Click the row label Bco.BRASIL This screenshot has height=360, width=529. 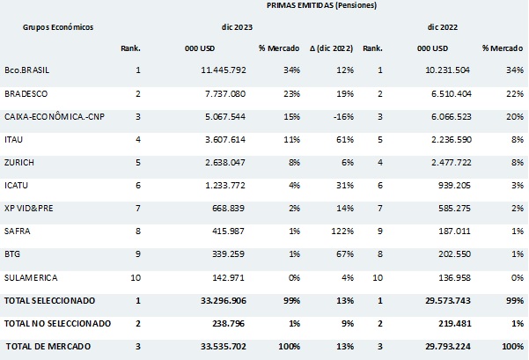[x=27, y=70]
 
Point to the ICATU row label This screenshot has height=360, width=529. [x=18, y=184]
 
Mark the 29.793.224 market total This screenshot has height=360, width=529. [x=445, y=345]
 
